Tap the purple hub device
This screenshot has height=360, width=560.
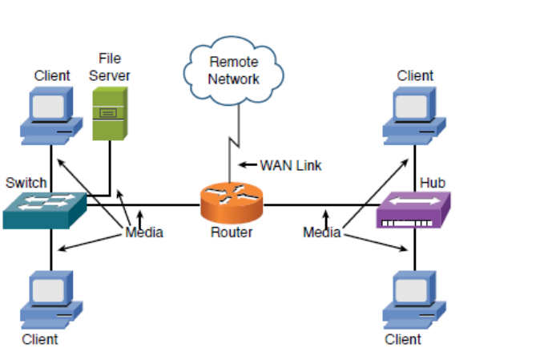point(412,210)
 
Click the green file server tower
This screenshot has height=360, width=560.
point(111,114)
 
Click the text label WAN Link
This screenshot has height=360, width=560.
point(290,166)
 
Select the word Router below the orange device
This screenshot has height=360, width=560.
point(231,233)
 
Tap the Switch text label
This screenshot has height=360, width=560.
point(26,182)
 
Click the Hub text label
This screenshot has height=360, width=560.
point(432,183)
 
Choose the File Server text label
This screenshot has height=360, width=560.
point(110,67)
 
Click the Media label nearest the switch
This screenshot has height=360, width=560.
point(144,233)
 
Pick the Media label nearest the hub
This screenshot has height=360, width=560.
point(322,233)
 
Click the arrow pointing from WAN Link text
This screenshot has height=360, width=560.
point(248,166)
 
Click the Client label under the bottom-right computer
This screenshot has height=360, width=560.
point(402,339)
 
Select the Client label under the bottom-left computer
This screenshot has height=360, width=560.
point(40,339)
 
